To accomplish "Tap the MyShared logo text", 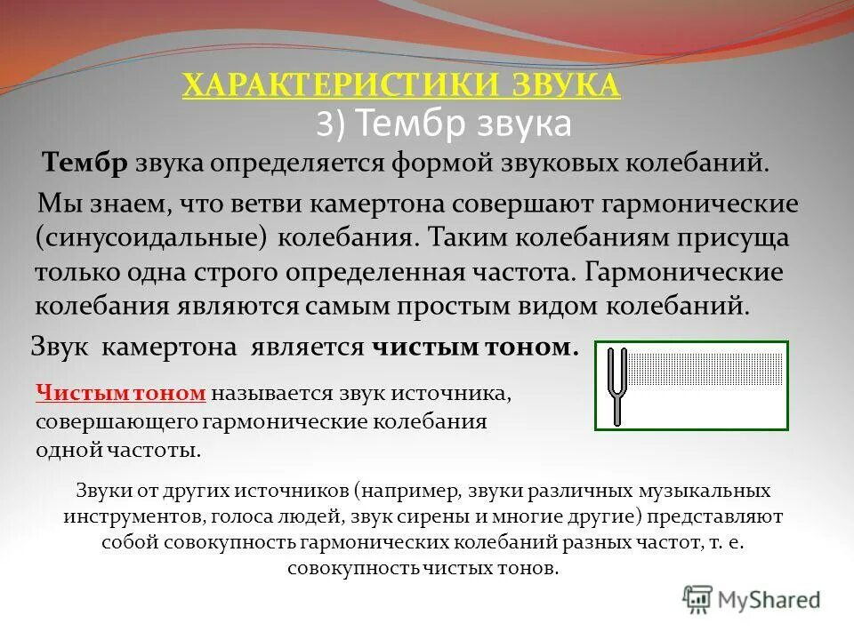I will (768, 600).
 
